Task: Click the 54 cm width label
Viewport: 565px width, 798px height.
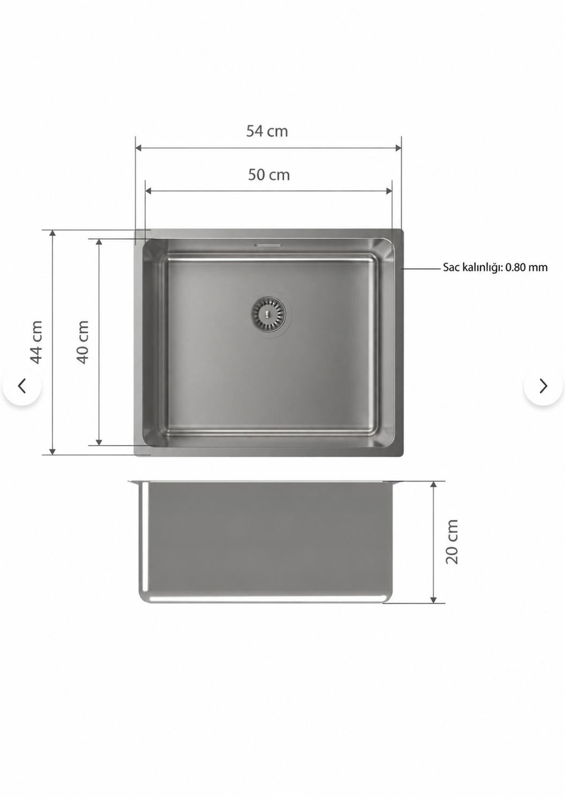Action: point(267,131)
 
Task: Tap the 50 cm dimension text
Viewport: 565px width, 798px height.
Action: point(269,175)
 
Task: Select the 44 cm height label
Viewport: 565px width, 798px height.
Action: point(37,342)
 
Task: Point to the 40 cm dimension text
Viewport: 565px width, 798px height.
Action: point(83,342)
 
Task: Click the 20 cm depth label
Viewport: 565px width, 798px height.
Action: point(452,541)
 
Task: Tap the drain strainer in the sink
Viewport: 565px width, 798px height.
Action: point(268,314)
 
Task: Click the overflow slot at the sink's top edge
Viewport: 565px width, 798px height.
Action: point(268,245)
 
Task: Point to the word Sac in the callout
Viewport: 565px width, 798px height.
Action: point(451,267)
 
